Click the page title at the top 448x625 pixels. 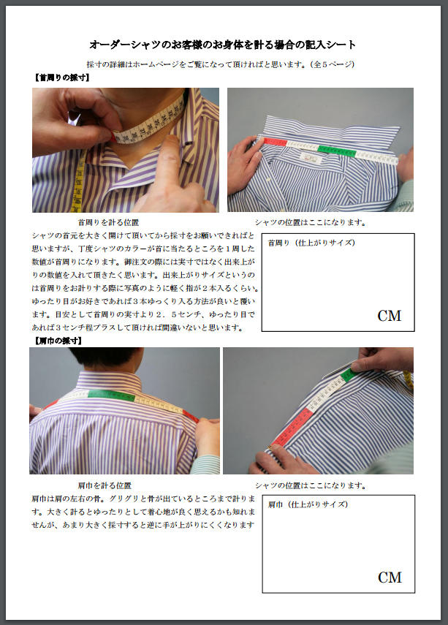[x=222, y=45]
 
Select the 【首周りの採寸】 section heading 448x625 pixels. [x=62, y=77]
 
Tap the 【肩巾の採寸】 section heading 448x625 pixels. [x=58, y=341]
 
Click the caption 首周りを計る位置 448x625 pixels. [x=108, y=222]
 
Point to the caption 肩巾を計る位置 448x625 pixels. [x=105, y=485]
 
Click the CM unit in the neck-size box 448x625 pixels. [x=389, y=316]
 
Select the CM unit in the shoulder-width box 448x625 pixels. [x=390, y=577]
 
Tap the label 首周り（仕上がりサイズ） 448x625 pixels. [x=311, y=243]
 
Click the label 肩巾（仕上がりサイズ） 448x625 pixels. [x=308, y=504]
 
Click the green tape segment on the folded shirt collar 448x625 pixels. [x=337, y=151]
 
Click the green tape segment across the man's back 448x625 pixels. [x=112, y=395]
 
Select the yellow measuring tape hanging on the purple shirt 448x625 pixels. [x=77, y=181]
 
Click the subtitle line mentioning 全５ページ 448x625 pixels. [x=221, y=64]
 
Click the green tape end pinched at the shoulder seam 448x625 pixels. [x=348, y=375]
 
